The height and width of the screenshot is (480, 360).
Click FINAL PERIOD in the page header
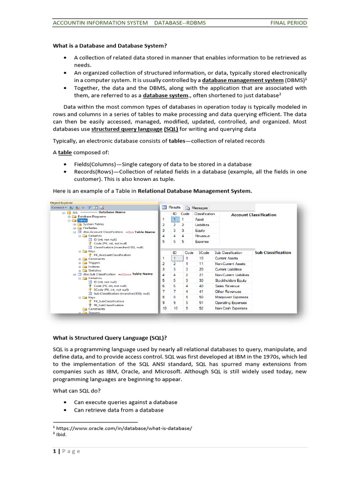(x=289, y=22)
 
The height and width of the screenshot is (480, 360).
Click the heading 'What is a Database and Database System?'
(x=109, y=45)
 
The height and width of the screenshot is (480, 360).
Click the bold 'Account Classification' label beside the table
(x=254, y=215)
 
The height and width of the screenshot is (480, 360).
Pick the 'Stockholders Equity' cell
(x=232, y=280)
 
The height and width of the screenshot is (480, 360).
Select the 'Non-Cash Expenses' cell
(x=231, y=308)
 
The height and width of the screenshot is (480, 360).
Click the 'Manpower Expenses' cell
(x=231, y=297)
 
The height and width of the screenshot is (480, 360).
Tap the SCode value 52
(x=201, y=308)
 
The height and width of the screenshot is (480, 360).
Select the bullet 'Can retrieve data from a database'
(x=119, y=410)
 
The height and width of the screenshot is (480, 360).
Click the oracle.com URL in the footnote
(x=124, y=428)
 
